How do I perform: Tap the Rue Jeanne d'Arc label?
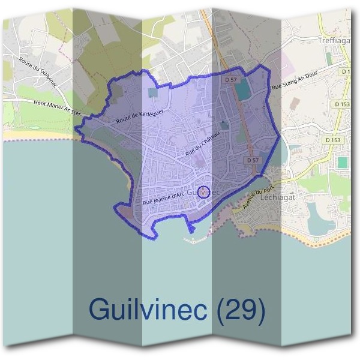[163, 198]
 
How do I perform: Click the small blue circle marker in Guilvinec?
[203, 192]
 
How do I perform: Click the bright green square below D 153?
[342, 162]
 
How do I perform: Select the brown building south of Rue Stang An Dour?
[293, 103]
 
